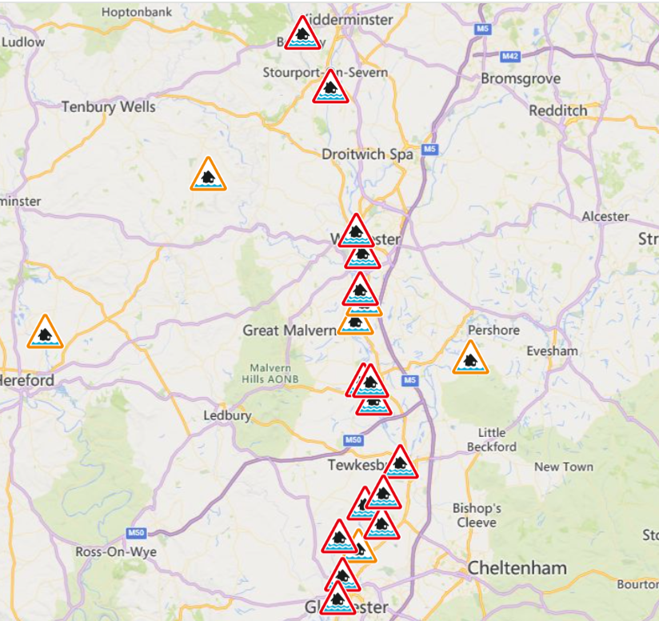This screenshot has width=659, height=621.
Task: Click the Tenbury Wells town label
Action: coord(109,106)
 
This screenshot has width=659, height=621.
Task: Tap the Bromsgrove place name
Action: coord(521,78)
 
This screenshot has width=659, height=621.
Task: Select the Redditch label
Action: coord(557,110)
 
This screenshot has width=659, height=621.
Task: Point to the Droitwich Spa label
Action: coord(367,154)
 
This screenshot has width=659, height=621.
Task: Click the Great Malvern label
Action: coord(283,330)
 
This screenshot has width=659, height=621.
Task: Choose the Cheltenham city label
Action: coord(517,568)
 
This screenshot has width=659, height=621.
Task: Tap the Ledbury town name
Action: coord(227,415)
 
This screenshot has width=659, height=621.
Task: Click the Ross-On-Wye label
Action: coord(116,552)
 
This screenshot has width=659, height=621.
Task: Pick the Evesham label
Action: coord(552,351)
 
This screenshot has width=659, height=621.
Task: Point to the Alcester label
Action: coord(605,216)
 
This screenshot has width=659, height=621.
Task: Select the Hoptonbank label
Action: coord(133,13)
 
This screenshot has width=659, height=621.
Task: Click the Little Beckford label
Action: coord(492,440)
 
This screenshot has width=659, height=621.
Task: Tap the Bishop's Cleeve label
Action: coord(477,515)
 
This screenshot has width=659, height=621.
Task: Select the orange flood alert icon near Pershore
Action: coord(470,359)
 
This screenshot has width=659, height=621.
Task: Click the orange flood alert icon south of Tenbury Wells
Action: coord(208,175)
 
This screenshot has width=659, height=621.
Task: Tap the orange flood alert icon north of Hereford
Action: coord(45,333)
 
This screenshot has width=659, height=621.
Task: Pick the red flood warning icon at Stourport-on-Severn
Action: coord(330,88)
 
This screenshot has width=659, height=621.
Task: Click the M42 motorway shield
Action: coord(510,56)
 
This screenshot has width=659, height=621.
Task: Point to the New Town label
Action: coord(564,467)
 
